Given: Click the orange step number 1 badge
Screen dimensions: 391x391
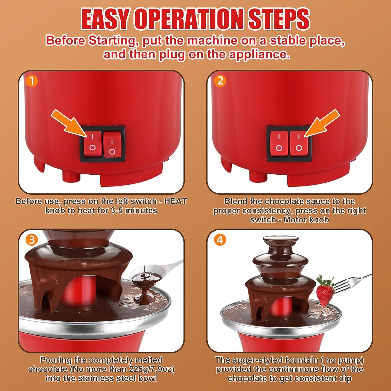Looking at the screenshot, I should pos(32,81).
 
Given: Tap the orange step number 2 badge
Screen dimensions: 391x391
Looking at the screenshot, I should pos(220,81).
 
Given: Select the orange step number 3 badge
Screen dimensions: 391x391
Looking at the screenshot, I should pos(32,240).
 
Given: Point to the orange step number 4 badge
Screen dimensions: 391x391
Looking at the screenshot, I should pos(220,240).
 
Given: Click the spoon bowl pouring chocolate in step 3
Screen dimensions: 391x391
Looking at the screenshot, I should pos(149,272).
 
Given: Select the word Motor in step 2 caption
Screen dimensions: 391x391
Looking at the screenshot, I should pos(294,220).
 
